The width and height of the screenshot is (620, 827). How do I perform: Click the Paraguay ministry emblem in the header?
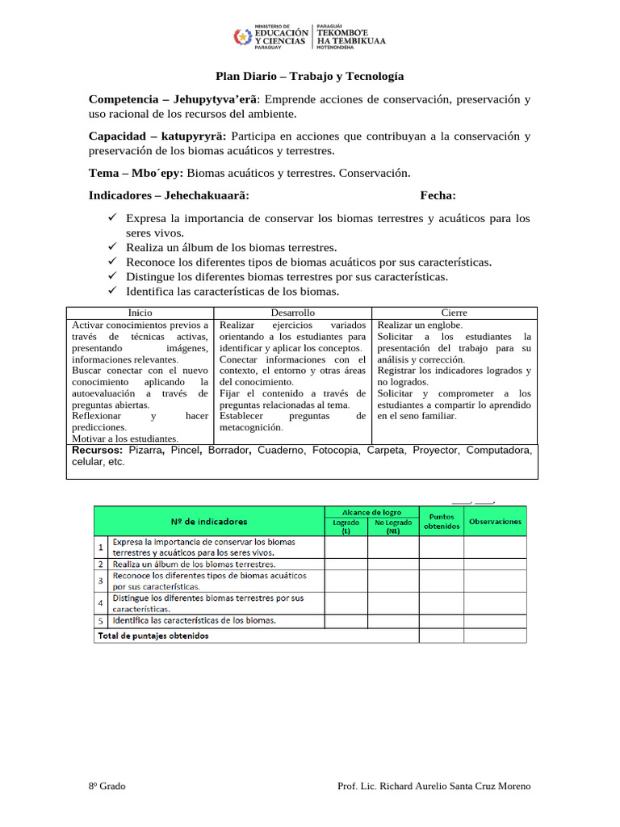click(242, 37)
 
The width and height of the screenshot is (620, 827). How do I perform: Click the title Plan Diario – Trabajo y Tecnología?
click(309, 77)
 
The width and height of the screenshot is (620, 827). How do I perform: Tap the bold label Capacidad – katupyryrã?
click(157, 136)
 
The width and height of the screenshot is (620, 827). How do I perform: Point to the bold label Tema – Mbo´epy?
click(136, 173)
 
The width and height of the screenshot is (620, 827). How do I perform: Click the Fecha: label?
click(438, 195)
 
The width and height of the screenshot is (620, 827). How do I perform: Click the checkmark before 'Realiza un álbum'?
click(113, 247)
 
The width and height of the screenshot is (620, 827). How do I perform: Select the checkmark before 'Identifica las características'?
click(113, 291)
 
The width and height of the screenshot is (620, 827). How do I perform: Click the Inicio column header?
click(140, 313)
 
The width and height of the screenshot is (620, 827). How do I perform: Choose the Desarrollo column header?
click(292, 313)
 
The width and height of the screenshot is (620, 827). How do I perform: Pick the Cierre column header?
click(454, 313)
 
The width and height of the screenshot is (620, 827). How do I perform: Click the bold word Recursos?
click(98, 450)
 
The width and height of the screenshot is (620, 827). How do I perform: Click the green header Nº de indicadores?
click(209, 522)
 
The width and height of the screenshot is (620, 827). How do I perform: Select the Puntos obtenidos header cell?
click(442, 522)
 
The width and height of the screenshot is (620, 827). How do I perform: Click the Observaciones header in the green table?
click(495, 522)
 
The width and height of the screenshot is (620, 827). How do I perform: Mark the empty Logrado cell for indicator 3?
click(346, 581)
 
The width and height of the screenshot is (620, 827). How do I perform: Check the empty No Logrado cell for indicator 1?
click(393, 548)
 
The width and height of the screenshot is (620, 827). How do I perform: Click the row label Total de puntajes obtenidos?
click(153, 636)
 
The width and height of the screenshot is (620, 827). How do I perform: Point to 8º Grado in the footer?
click(107, 786)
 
